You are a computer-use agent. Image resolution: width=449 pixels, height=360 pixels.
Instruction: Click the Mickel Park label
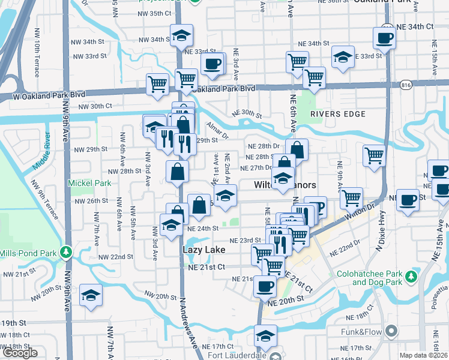coord(90,182)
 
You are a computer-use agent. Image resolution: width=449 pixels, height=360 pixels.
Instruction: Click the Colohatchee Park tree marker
coord(411,277)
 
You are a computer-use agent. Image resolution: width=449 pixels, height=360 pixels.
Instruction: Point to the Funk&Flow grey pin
coord(391,331)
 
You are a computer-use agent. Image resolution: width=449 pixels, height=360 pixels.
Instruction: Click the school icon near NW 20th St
coord(91,295)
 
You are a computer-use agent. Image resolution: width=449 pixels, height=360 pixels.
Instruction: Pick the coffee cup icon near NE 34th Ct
coord(384,38)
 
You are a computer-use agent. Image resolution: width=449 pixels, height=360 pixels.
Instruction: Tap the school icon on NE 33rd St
coord(343,57)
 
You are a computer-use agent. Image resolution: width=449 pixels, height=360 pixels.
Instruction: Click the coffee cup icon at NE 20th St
coord(265,286)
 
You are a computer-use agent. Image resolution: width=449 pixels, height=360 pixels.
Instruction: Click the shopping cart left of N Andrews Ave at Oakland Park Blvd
coord(157,83)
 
